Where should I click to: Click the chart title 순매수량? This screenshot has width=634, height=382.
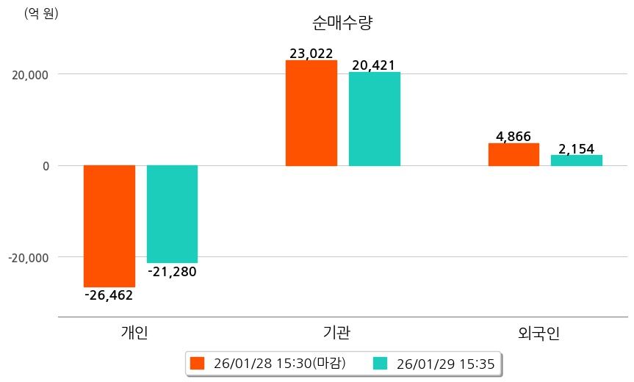click(x=343, y=23)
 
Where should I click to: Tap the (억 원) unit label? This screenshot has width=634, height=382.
click(x=41, y=13)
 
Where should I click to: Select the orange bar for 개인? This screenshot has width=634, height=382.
click(x=109, y=226)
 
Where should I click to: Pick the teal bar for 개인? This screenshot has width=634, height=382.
click(x=172, y=214)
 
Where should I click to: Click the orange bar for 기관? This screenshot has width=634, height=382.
click(x=311, y=113)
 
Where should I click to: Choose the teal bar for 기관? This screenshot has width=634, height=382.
click(x=374, y=119)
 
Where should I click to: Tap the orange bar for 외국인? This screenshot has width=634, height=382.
click(x=514, y=154)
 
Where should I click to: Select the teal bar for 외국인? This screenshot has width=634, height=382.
click(x=577, y=160)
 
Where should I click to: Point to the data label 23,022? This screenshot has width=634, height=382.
click(x=311, y=53)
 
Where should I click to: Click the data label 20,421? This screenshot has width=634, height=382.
click(x=374, y=65)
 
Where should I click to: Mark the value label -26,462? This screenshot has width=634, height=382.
click(x=109, y=295)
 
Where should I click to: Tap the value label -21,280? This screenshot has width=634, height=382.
click(x=172, y=272)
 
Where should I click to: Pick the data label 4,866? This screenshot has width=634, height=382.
click(x=514, y=137)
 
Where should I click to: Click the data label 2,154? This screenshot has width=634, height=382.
click(x=577, y=148)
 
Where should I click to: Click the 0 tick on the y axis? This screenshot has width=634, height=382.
click(x=46, y=166)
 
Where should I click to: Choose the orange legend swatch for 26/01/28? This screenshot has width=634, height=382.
click(x=196, y=363)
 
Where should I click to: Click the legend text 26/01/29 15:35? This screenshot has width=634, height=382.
click(x=444, y=363)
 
